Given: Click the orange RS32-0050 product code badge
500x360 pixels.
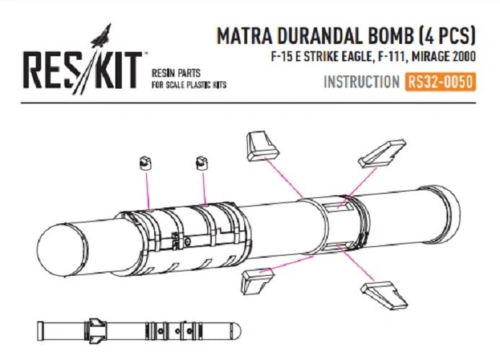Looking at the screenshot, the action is click(x=440, y=82).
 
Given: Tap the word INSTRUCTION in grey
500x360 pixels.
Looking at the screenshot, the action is click(x=361, y=82).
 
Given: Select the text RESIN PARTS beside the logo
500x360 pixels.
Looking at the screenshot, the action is click(x=176, y=73).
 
